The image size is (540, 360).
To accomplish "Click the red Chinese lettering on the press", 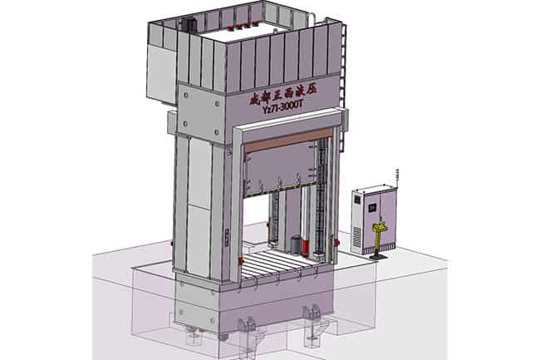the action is (x=283, y=93).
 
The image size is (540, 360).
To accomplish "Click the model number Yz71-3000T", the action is (x=282, y=107).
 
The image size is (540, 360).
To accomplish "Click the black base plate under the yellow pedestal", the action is (x=379, y=256).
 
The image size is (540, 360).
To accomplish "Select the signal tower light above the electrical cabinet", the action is (x=397, y=178).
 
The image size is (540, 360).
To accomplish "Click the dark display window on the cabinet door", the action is (x=372, y=208).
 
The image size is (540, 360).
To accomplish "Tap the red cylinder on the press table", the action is (x=305, y=248).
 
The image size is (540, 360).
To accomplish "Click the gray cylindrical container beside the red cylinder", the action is (x=296, y=244).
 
